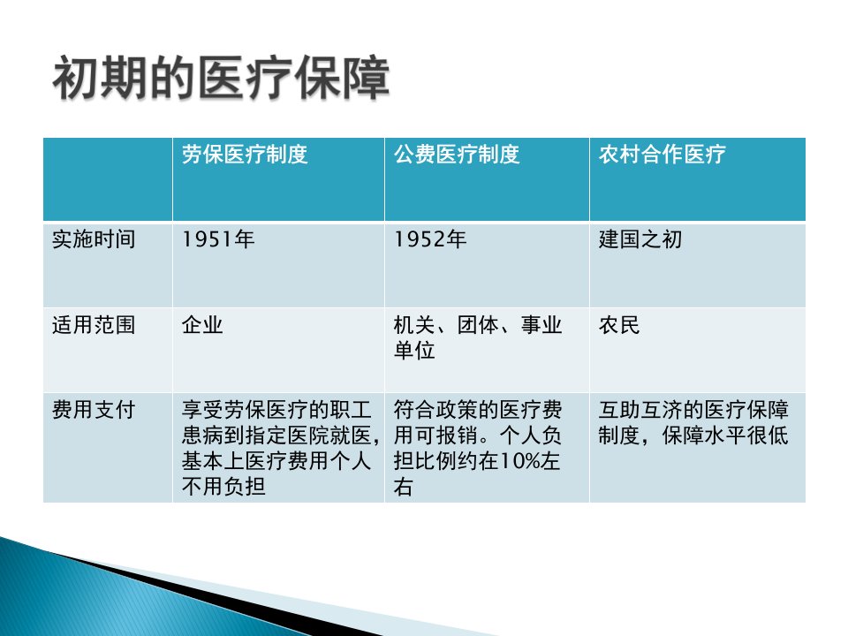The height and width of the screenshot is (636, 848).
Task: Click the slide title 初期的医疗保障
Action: [x=221, y=79]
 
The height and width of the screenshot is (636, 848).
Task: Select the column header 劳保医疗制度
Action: [x=245, y=155]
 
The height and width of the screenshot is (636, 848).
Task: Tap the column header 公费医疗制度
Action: [x=457, y=155]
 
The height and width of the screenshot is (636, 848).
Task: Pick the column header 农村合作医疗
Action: [x=662, y=155]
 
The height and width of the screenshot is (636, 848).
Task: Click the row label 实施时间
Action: [x=94, y=239]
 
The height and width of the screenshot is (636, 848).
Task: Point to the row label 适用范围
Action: [x=94, y=325]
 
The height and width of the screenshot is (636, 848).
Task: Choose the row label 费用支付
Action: [x=94, y=409]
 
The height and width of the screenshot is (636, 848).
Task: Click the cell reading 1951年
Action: [x=218, y=239]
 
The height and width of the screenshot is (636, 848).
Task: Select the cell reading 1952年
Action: [x=430, y=239]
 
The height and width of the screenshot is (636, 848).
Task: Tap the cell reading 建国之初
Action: [x=640, y=239]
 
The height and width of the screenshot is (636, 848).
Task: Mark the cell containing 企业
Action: [x=202, y=325]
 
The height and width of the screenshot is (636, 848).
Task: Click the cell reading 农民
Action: [x=619, y=325]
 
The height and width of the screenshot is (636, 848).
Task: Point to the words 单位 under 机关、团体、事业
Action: [x=414, y=351]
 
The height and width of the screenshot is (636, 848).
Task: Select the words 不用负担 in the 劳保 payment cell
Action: [x=223, y=486]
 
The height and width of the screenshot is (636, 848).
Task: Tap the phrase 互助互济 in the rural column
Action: [x=640, y=409]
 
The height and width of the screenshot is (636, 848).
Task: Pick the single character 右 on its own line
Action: [x=404, y=486]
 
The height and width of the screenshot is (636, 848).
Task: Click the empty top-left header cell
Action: [x=108, y=179]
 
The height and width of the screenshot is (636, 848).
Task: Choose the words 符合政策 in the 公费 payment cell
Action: [x=435, y=409]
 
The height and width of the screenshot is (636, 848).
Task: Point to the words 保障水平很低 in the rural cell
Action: [x=724, y=435]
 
